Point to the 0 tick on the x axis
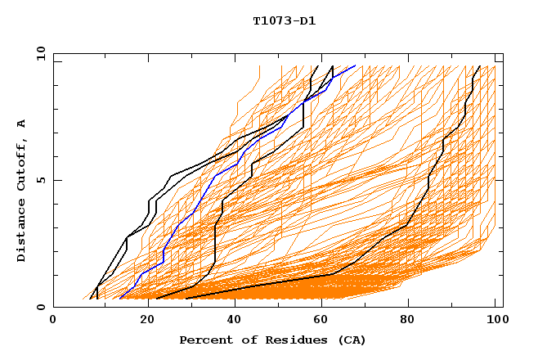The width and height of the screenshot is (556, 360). tap(53, 321)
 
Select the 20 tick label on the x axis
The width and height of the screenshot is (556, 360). tap(141, 321)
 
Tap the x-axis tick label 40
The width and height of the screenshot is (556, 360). tap(231, 321)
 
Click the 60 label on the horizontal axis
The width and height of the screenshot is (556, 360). tap(319, 321)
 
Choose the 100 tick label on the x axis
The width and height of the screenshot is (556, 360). tap(495, 321)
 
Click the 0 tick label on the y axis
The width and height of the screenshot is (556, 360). tap(40, 308)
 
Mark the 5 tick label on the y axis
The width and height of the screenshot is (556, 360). tap(40, 180)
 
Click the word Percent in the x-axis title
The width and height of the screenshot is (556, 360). tap(204, 340)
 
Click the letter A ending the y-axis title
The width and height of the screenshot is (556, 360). tap(21, 124)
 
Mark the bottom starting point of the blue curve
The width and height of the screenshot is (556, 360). tap(119, 298)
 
